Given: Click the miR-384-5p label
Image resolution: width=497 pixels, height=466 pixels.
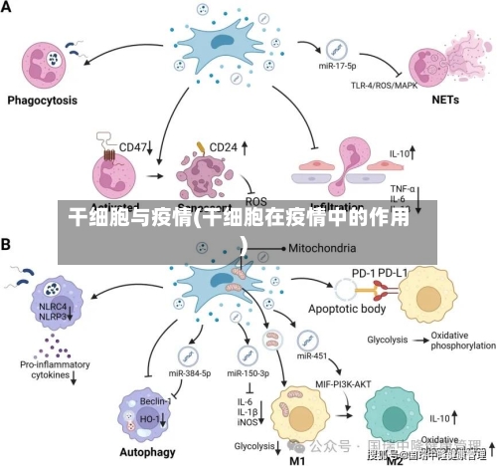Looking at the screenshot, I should pos(190,373).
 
